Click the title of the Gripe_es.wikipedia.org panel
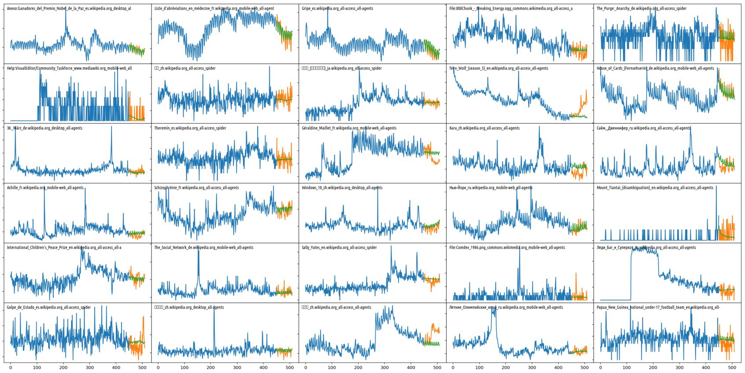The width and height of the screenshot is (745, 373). pos(337,8)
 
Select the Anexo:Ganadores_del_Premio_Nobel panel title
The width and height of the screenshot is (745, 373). pos(69,8)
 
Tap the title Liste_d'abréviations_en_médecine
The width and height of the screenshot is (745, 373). pos(214,8)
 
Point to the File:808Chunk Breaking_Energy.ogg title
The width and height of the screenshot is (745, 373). pos(511,8)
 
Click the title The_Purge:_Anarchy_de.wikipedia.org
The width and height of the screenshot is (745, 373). pos(641,8)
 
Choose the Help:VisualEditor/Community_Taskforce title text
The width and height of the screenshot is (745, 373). pos(69,68)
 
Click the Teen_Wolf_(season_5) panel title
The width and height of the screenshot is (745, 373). pos(498,68)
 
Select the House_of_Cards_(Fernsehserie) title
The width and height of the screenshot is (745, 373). pos(655,68)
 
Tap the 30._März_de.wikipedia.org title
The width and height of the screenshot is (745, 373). pos(44,128)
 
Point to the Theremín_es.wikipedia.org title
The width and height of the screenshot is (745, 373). pos(190,128)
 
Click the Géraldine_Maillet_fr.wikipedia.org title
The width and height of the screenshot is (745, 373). pos(349,128)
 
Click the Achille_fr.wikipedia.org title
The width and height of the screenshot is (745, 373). pos(45,188)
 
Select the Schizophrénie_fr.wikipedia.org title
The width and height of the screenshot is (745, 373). pos(196,188)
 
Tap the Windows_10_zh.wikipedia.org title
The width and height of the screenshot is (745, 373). pos(342,188)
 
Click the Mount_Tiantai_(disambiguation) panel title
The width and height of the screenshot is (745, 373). pos(655,188)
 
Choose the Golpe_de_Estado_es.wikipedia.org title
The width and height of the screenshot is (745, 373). pos(48,307)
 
